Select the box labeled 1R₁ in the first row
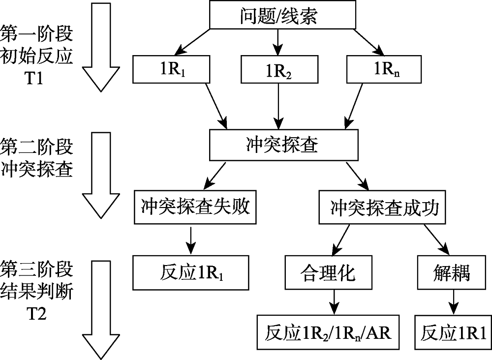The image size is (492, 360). pos(172,69)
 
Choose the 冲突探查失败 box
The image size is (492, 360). pos(195,208)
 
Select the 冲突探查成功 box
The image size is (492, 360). pos(384,209)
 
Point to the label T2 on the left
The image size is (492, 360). pos(37,313)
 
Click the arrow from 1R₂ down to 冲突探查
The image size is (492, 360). pos(278,106)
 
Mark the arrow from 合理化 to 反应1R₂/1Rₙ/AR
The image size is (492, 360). pos(335,300)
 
